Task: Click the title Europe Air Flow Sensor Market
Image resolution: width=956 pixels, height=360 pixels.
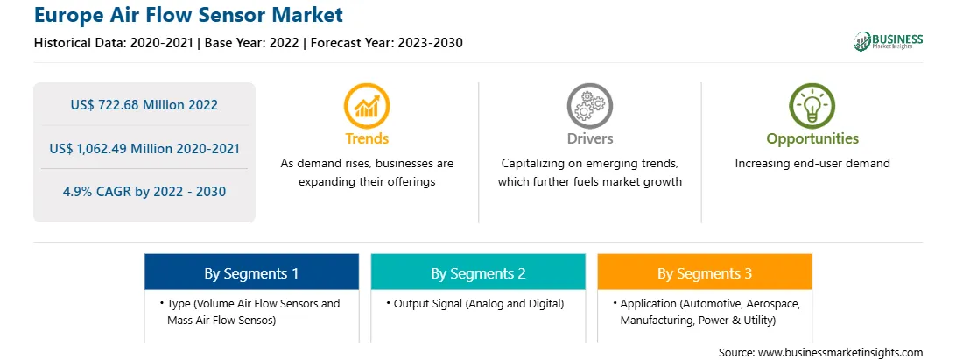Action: click(x=188, y=14)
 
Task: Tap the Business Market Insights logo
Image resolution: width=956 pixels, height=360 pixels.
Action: click(x=889, y=41)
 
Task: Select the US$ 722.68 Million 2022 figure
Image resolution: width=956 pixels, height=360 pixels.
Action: click(x=144, y=104)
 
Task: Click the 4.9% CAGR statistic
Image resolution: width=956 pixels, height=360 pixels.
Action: click(x=144, y=192)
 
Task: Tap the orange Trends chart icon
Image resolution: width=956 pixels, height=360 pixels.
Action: click(x=367, y=106)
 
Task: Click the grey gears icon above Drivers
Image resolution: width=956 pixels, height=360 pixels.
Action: click(x=589, y=106)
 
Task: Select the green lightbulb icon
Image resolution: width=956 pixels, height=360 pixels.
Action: click(x=812, y=106)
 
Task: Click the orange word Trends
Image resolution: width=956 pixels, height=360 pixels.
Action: click(x=367, y=138)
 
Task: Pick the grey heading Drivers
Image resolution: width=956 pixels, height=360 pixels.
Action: click(x=589, y=138)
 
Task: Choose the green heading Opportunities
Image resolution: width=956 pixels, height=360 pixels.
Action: click(x=812, y=139)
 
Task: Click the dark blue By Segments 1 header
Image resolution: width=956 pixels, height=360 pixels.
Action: click(x=252, y=272)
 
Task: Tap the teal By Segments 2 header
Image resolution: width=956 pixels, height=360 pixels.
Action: click(x=478, y=272)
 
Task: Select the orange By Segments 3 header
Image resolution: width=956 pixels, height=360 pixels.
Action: click(x=705, y=272)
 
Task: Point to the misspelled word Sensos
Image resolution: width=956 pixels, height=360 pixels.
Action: click(x=257, y=320)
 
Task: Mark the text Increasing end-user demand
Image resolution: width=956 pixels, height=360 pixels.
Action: click(x=812, y=164)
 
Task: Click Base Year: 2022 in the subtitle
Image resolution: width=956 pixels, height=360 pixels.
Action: click(x=251, y=43)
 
